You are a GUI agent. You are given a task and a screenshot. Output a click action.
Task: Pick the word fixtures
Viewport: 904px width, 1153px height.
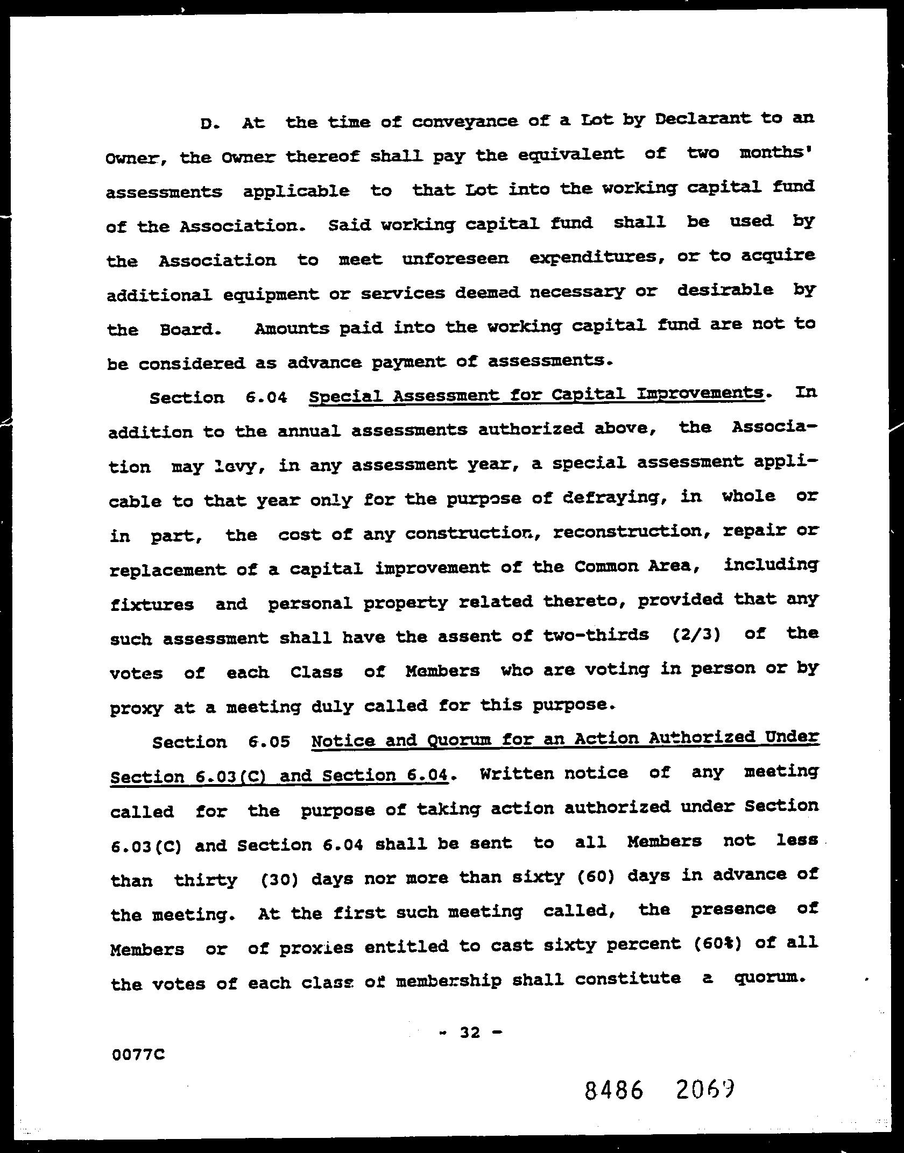click(x=152, y=604)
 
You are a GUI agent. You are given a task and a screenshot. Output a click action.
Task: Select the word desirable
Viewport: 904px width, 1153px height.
click(x=725, y=290)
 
